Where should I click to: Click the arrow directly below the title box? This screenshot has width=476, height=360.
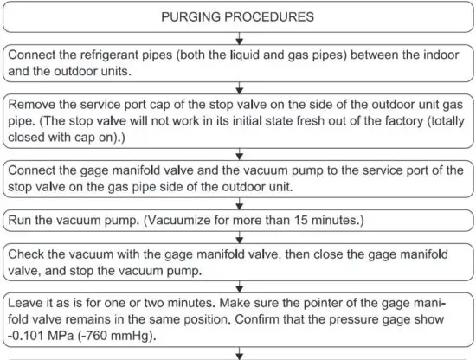[238, 37]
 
